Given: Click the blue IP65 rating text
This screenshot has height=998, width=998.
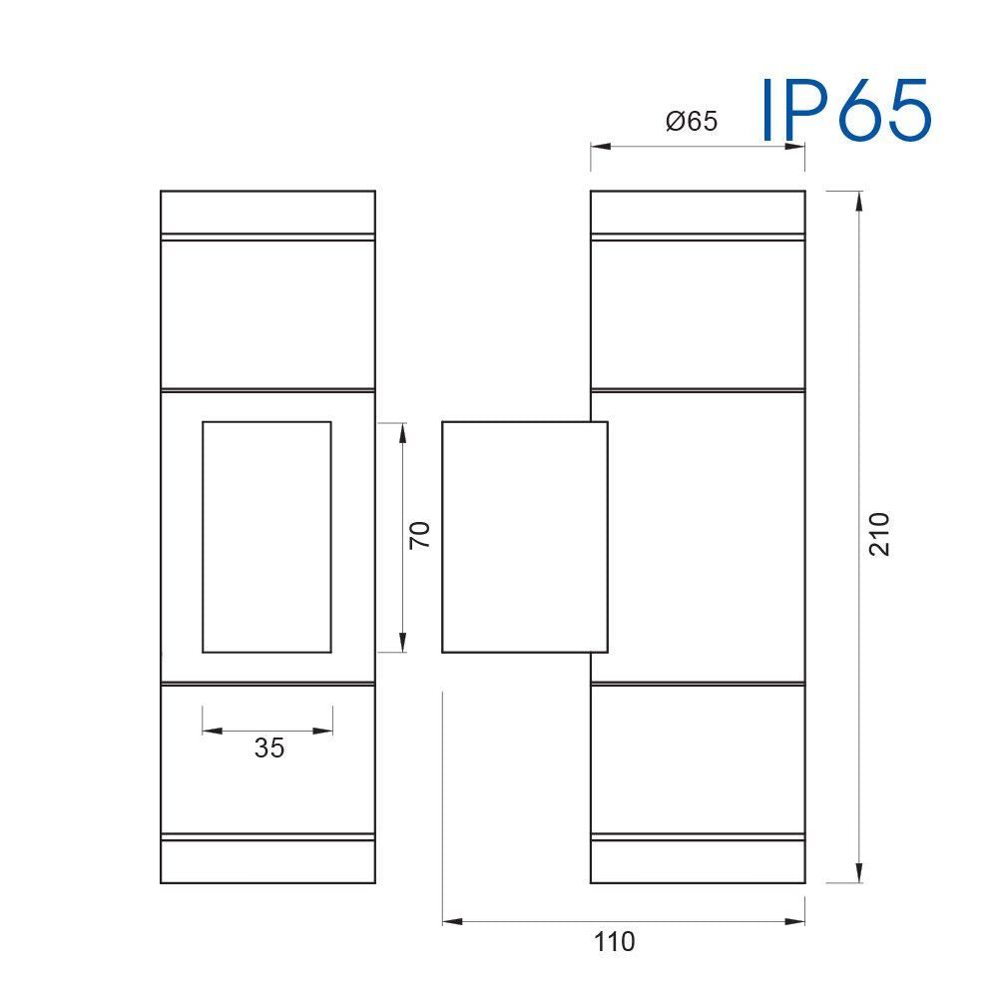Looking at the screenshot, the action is [846, 110].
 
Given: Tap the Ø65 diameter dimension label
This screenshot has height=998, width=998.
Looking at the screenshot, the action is [692, 121].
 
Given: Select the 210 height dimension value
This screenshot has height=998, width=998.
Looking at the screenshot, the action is [879, 534].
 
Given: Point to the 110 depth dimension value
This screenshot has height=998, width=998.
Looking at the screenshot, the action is [614, 942].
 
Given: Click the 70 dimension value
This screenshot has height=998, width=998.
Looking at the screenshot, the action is [420, 535].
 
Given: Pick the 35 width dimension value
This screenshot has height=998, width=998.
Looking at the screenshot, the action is [269, 748].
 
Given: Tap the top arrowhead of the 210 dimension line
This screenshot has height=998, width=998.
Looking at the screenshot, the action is [859, 201].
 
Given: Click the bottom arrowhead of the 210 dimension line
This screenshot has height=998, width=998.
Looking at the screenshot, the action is [859, 872].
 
